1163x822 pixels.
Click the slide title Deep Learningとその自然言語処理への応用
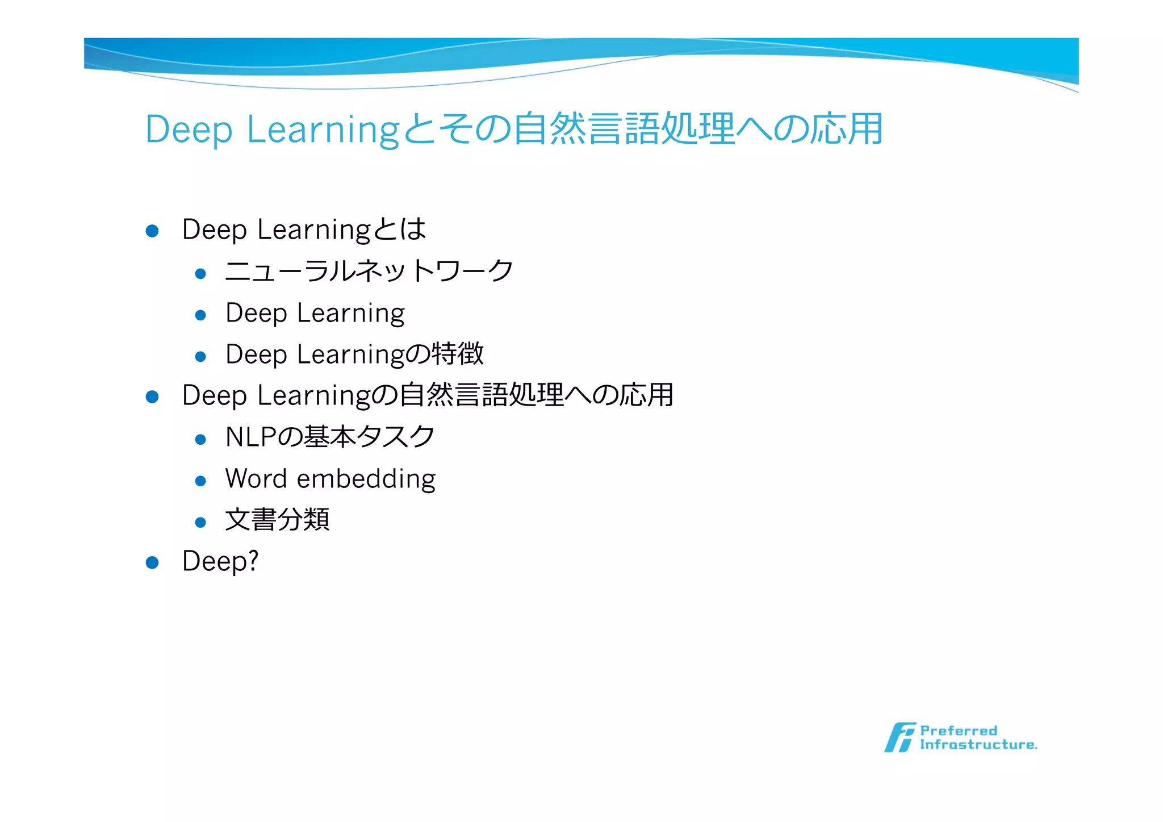(514, 129)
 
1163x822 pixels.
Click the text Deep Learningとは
(303, 230)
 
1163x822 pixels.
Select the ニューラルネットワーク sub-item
(369, 271)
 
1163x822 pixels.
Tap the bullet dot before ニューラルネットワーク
(200, 274)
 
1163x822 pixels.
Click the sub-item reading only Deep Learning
(315, 314)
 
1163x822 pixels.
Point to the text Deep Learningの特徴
(354, 354)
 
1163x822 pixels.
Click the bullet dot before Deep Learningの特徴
(200, 357)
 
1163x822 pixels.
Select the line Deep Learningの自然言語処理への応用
(427, 395)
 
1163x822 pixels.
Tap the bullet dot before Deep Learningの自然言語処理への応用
(152, 397)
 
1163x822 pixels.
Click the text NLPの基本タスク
(330, 437)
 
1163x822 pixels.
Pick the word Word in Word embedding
(256, 478)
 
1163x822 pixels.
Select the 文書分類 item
(277, 520)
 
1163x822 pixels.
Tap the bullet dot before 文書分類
(200, 522)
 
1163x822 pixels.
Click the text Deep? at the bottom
(220, 561)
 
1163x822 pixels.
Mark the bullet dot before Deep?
(152, 562)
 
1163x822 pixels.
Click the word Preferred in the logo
(958, 731)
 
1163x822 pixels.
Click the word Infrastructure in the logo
(978, 745)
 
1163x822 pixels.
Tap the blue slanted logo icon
(900, 737)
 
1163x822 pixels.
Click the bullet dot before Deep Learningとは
(152, 231)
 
